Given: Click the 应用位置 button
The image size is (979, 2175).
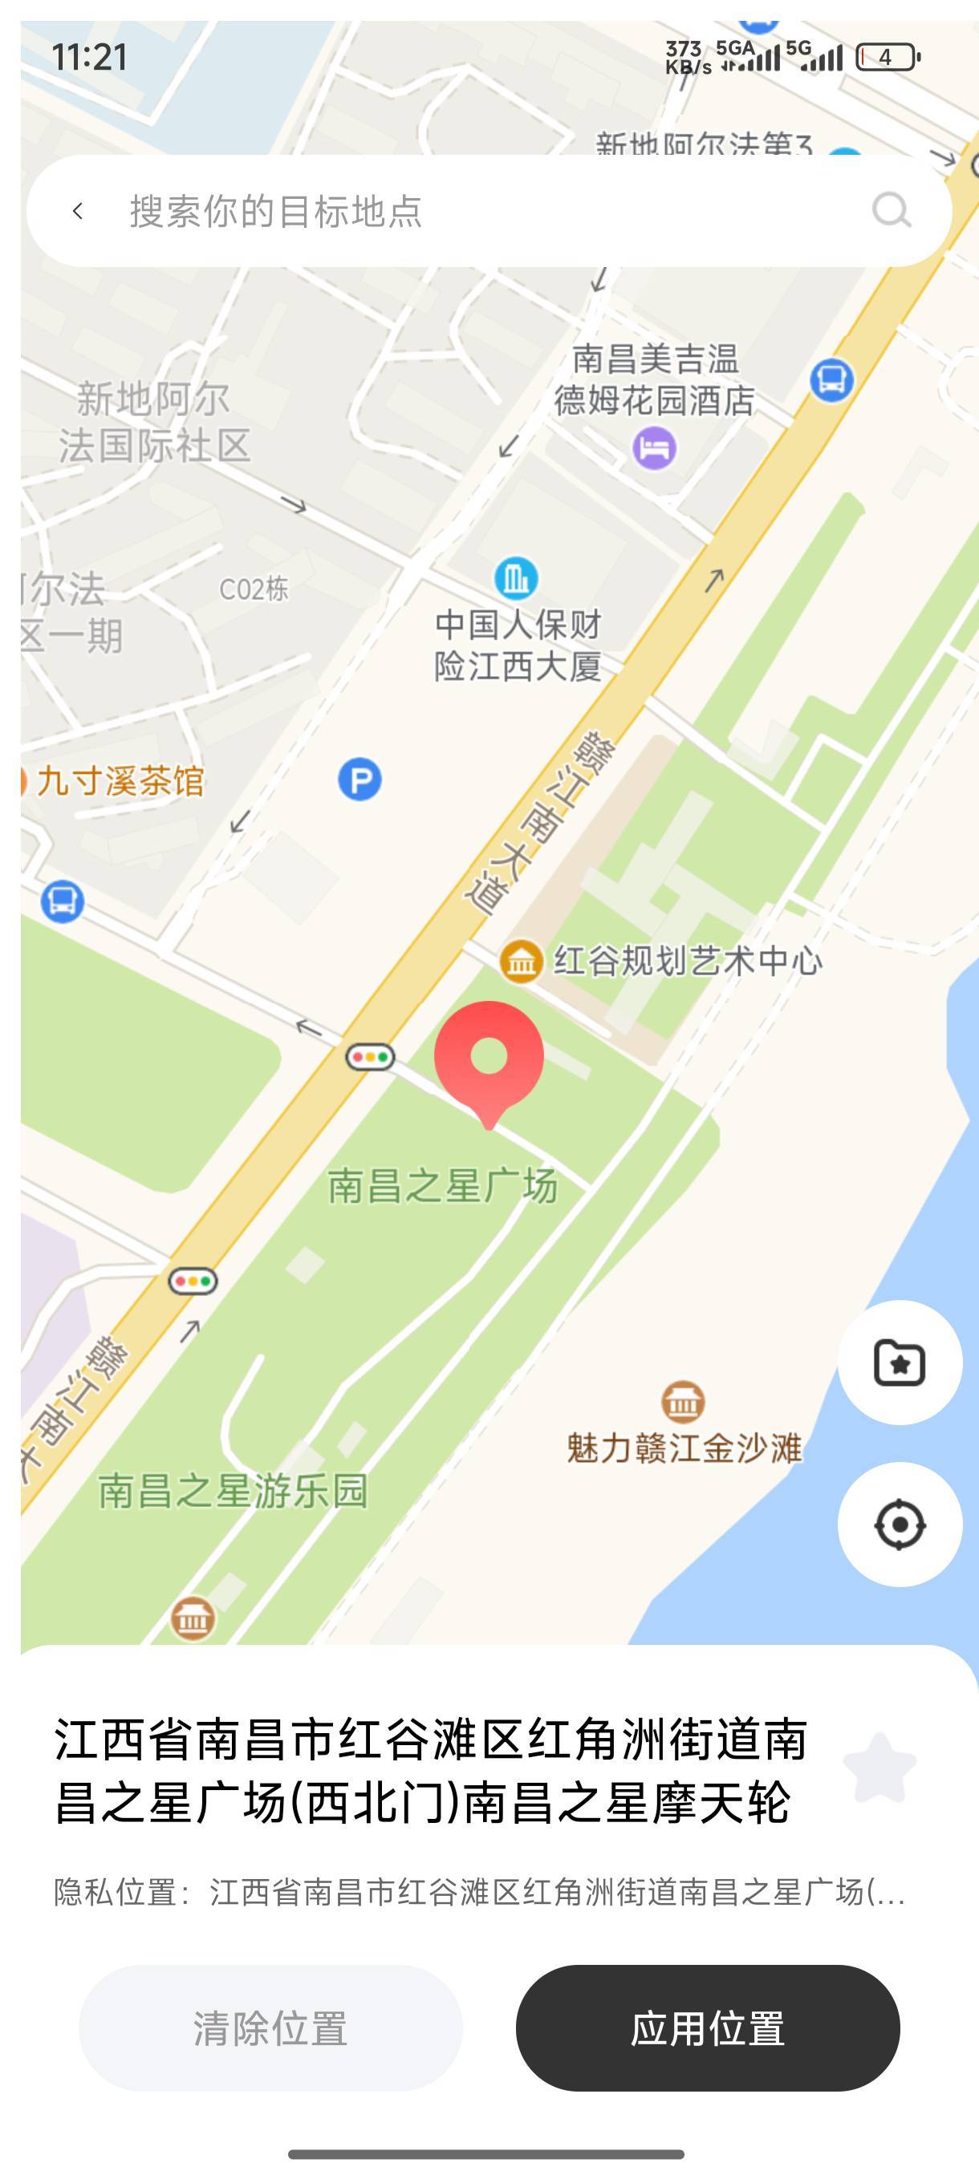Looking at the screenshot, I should (708, 2028).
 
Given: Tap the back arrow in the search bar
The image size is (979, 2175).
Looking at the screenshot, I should (79, 211).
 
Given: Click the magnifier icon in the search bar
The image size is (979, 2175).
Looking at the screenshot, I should (892, 210).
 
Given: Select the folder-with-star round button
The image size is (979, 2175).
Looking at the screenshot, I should (900, 1363).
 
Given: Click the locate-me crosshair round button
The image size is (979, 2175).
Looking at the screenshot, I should (900, 1525).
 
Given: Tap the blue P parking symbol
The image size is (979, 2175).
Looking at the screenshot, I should (360, 780).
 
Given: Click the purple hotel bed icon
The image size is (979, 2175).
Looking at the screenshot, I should (655, 447).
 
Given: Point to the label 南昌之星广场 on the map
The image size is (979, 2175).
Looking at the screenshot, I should (443, 1185).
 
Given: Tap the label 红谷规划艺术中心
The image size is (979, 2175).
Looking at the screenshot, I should (688, 961).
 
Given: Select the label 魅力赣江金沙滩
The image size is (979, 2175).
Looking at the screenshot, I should (684, 1448).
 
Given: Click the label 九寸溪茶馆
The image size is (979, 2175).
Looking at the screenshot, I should (120, 781).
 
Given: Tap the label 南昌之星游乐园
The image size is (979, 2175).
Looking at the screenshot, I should (234, 1491).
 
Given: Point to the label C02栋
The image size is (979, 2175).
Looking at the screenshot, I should (254, 589).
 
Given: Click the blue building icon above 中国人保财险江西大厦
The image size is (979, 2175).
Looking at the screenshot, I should (516, 578).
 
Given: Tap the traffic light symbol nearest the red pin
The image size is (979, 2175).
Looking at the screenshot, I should (370, 1056).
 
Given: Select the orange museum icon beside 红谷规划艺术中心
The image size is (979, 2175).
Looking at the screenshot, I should (521, 961).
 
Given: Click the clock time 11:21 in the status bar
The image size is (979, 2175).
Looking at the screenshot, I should (90, 58).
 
